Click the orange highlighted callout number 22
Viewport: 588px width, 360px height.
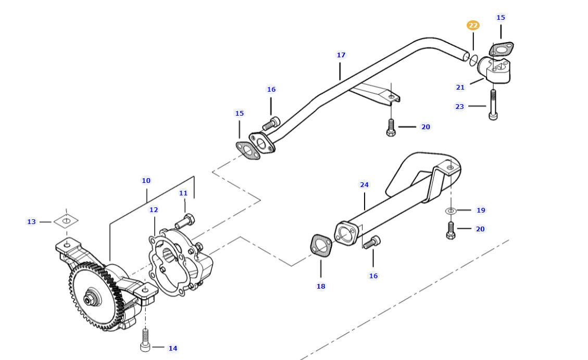(x=473, y=25)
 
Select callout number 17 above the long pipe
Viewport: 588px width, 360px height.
(x=341, y=55)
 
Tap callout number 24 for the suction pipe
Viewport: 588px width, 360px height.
(x=364, y=184)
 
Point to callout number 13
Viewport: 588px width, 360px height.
(x=31, y=221)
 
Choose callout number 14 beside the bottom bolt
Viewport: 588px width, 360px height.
(x=172, y=348)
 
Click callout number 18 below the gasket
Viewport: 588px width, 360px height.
(x=321, y=286)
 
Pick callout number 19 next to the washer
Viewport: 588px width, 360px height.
(x=481, y=210)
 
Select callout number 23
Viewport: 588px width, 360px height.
(x=459, y=106)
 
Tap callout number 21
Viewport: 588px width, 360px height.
(x=460, y=87)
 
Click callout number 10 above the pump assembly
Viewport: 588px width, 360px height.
(x=146, y=180)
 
